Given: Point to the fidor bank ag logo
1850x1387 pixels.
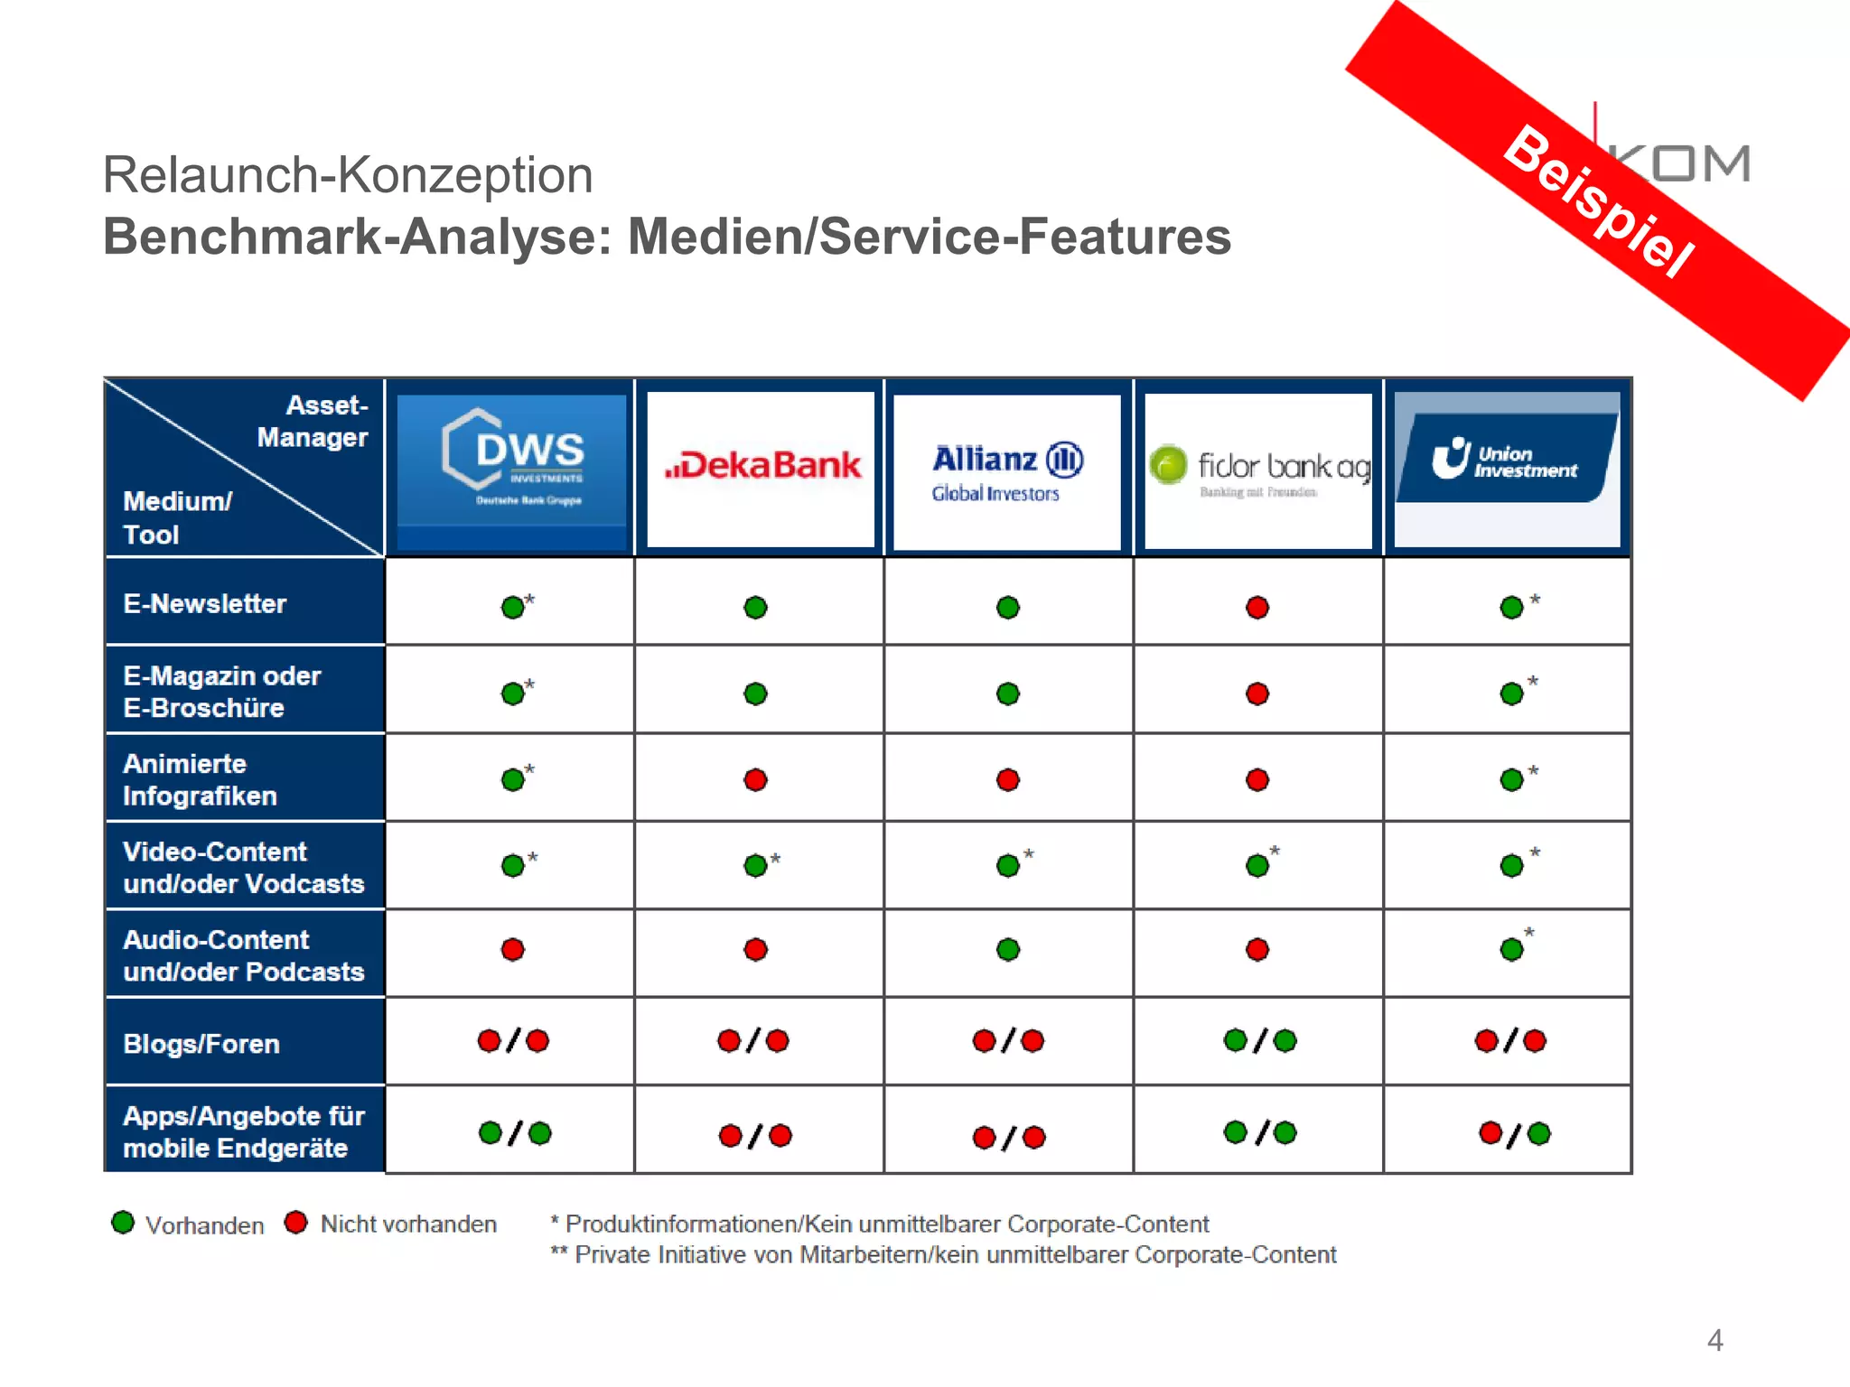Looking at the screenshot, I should pyautogui.click(x=1259, y=470).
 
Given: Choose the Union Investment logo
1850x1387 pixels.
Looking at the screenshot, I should pyautogui.click(x=1506, y=461).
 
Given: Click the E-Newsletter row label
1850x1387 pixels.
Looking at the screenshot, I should pyautogui.click(x=205, y=603).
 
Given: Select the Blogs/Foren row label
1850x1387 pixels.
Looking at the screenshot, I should pyautogui.click(x=201, y=1044).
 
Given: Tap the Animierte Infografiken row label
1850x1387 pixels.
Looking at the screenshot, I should pyautogui.click(x=200, y=779).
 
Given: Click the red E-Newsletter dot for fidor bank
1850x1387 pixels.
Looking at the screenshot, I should pyautogui.click(x=1257, y=608).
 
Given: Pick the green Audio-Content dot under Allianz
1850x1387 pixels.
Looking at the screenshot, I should pyautogui.click(x=1008, y=949).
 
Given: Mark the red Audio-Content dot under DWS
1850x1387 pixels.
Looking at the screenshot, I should pyautogui.click(x=513, y=949).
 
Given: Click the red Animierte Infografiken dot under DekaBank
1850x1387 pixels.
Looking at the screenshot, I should pyautogui.click(x=756, y=779).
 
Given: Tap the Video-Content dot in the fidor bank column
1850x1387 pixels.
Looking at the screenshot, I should pyautogui.click(x=1257, y=866).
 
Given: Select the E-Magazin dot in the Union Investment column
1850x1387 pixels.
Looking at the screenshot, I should pyautogui.click(x=1511, y=693).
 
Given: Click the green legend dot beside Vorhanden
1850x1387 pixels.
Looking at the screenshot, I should pyautogui.click(x=123, y=1223).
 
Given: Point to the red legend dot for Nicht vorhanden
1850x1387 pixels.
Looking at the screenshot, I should pyautogui.click(x=295, y=1223).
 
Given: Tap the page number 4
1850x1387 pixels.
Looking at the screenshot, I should pyautogui.click(x=1715, y=1340).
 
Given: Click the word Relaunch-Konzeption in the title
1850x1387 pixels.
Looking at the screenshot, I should pyautogui.click(x=348, y=174).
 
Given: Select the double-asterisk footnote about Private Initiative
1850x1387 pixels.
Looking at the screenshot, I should pyautogui.click(x=944, y=1255).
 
